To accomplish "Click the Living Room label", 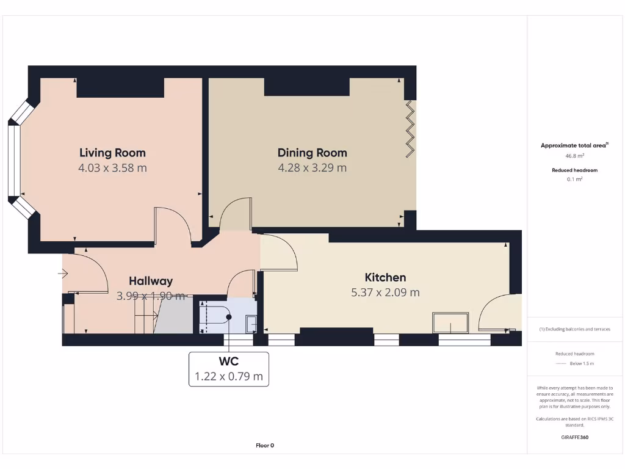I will tap(112, 153).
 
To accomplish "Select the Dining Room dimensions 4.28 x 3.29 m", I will tap(312, 168).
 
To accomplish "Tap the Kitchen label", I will tap(385, 277).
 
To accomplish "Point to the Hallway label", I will tap(150, 281).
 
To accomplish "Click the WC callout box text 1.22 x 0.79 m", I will tap(229, 377).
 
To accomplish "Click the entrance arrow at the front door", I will tap(62, 274).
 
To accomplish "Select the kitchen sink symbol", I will tap(450, 322).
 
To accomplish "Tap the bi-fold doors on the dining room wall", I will tap(411, 128).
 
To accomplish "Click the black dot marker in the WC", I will tap(229, 317).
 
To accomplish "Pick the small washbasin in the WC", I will tap(250, 324).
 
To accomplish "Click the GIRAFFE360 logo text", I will tap(574, 437).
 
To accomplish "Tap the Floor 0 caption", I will tap(265, 446).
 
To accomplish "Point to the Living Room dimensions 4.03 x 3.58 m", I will tap(112, 168).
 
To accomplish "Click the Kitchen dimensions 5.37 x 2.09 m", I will tap(385, 293).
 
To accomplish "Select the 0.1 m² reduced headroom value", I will tap(574, 180).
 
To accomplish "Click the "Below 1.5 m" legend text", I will tap(582, 363).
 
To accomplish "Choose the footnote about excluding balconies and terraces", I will tap(574, 329).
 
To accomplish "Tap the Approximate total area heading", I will tap(574, 145).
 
